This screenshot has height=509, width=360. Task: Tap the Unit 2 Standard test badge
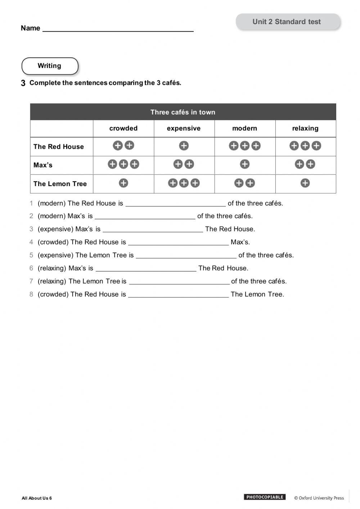tap(287, 22)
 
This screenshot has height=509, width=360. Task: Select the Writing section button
tap(50, 66)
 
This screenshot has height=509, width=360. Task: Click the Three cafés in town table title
tap(183, 112)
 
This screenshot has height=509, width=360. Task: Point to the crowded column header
tap(123, 129)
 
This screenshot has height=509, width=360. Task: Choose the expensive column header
tap(184, 129)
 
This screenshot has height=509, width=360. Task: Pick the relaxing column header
tap(305, 129)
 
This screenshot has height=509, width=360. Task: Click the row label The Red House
tap(59, 147)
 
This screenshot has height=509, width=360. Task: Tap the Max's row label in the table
tap(43, 165)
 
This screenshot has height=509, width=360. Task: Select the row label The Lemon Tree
tap(60, 184)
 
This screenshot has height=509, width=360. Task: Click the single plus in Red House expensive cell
tap(184, 146)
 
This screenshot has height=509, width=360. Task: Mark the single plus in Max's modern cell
tap(245, 165)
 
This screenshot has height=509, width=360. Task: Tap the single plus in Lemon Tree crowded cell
tap(123, 183)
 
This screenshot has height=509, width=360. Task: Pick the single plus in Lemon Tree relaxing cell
tap(305, 183)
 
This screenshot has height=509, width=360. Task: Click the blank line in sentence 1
tap(175, 205)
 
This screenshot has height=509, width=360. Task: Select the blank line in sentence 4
tap(178, 244)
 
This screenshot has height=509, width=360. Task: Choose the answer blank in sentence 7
tap(179, 283)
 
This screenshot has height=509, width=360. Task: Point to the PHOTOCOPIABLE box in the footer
tap(265, 497)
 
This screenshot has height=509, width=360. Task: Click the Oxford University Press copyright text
tap(319, 498)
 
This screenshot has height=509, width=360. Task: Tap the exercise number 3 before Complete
tap(23, 83)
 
